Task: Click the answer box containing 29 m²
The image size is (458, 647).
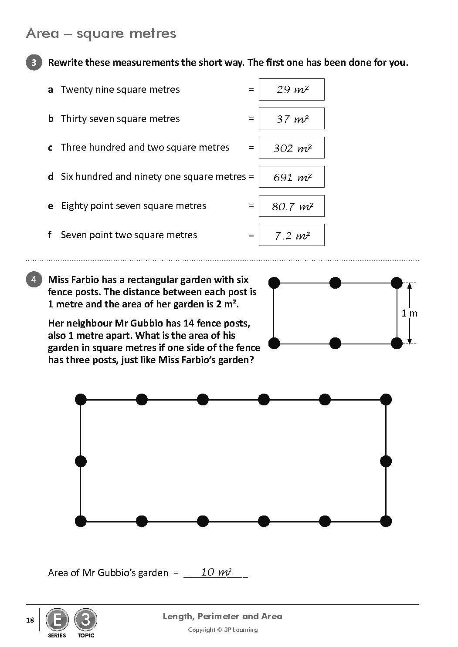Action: coord(292,90)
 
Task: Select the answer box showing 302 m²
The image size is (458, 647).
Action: coord(292,148)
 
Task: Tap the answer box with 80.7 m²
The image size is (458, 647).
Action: coord(292,206)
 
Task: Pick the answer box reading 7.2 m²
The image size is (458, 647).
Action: coord(292,235)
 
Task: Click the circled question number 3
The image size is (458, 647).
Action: coord(34,62)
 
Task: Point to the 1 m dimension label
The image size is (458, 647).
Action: coord(409,313)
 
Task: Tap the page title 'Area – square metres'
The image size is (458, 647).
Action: coord(101,34)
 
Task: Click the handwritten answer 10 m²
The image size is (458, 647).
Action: coord(216,572)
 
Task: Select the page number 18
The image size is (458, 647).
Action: coord(30,620)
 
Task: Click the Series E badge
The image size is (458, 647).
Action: coord(57,620)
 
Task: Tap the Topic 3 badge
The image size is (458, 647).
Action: coord(85,620)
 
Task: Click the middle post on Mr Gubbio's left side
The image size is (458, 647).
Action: coord(81,461)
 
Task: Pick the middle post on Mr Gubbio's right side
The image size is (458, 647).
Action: coord(386,461)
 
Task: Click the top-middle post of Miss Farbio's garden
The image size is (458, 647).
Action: coord(335,283)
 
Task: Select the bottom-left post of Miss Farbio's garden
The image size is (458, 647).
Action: coord(274,343)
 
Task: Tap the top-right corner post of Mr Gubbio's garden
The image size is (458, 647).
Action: coord(386,399)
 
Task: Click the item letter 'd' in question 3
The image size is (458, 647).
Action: coord(51,177)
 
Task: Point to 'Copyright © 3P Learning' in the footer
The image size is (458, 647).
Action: coord(223,630)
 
